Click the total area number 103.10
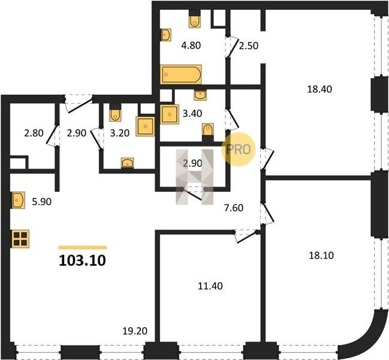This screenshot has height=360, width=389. [82, 260]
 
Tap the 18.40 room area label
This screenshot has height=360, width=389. [319, 89]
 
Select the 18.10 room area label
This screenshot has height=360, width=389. [321, 255]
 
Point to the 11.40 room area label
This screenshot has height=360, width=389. [210, 286]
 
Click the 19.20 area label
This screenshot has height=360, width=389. [135, 331]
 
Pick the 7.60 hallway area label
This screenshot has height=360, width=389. [234, 208]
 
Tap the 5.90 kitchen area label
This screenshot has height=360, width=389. [42, 202]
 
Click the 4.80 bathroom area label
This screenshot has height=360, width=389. [191, 46]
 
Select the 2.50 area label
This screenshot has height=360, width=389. [249, 46]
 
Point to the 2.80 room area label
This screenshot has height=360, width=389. [34, 133]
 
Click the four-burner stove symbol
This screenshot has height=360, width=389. [20, 239]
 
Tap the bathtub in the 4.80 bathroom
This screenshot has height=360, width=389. [181, 74]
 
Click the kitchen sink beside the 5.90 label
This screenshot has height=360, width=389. [18, 200]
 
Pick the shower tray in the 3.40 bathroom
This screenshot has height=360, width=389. [170, 114]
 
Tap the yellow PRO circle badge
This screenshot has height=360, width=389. [239, 149]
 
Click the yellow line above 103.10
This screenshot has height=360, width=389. [82, 247]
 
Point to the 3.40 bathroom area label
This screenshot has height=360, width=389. [192, 113]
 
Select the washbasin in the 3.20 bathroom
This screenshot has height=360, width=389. [128, 163]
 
